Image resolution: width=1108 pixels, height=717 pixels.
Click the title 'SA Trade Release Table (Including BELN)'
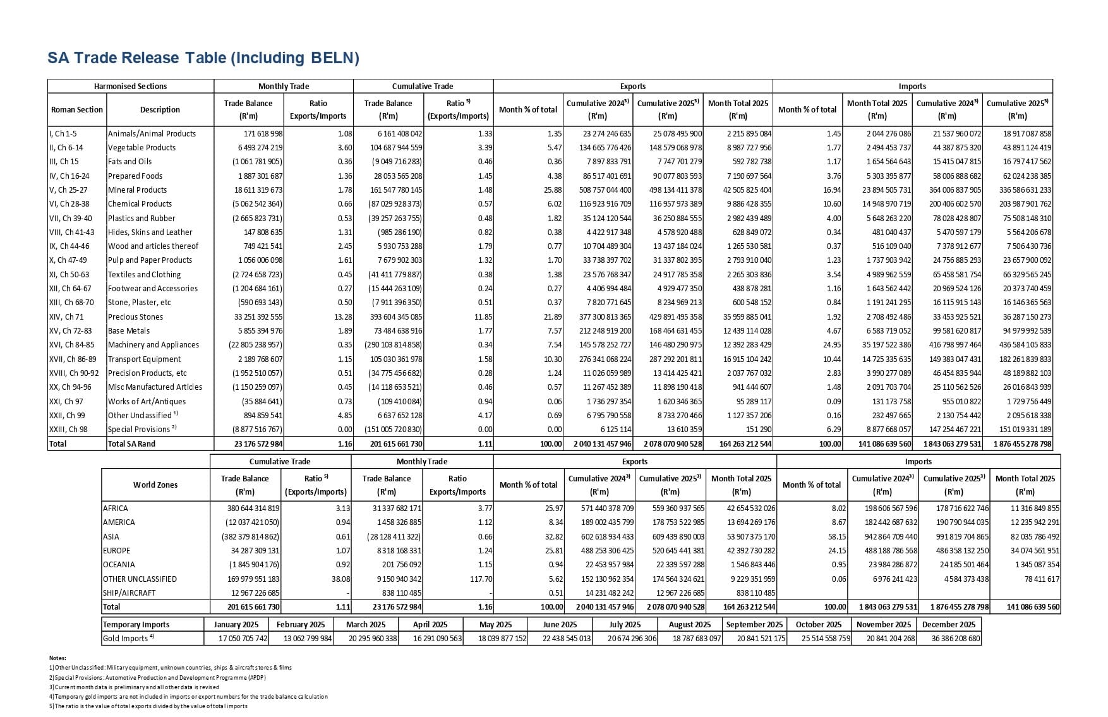pos(203,58)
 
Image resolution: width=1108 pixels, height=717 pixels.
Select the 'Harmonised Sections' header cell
pos(131,87)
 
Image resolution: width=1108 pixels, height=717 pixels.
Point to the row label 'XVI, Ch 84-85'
pos(71,345)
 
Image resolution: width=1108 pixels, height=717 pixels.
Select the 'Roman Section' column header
pos(77,110)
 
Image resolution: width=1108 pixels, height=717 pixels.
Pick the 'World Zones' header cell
pos(155,485)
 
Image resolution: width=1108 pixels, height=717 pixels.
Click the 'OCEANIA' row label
pos(119,565)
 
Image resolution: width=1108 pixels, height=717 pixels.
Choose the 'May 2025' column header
pos(495,625)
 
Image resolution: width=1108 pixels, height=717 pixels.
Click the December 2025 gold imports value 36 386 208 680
pos(950,639)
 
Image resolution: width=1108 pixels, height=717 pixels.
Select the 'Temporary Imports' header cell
pos(136,625)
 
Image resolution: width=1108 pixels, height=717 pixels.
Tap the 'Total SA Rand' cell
pos(132,444)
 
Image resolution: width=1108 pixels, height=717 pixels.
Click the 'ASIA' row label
pos(111,537)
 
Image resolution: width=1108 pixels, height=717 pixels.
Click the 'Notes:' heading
pos(57,658)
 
